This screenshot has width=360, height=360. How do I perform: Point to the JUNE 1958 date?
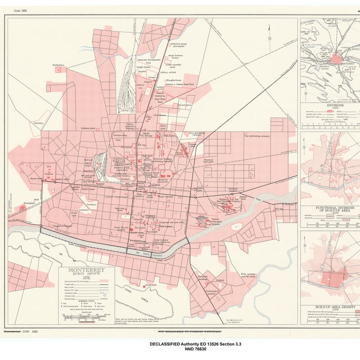coord(20,10)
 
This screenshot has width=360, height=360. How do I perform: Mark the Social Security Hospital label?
coord(121,229)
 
